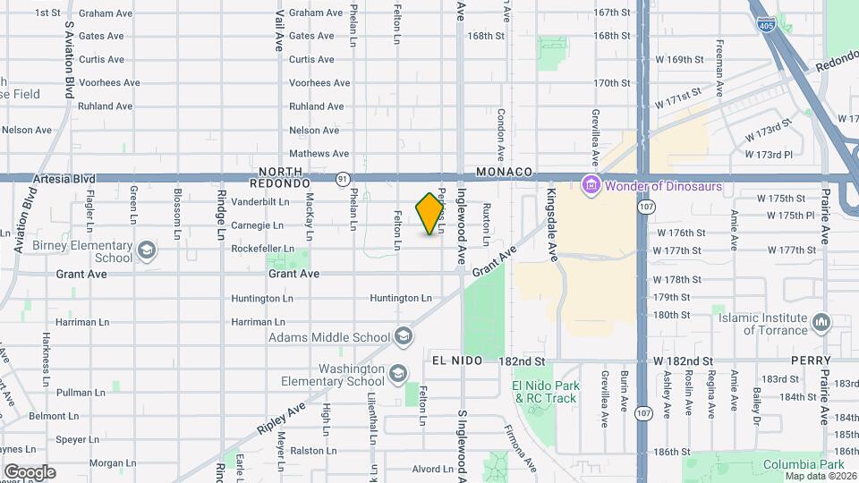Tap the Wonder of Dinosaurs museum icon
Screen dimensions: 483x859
pyautogui.click(x=590, y=186)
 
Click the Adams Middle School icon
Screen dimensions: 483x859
pyautogui.click(x=403, y=336)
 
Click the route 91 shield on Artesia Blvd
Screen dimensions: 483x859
pyautogui.click(x=342, y=179)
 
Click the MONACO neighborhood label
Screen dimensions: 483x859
pyautogui.click(x=505, y=172)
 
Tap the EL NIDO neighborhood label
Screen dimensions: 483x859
pyautogui.click(x=456, y=360)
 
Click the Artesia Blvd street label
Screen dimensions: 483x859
pyautogui.click(x=64, y=179)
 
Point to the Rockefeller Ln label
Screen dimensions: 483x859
pyautogui.click(x=263, y=249)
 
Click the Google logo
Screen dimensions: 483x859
pyautogui.click(x=30, y=472)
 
